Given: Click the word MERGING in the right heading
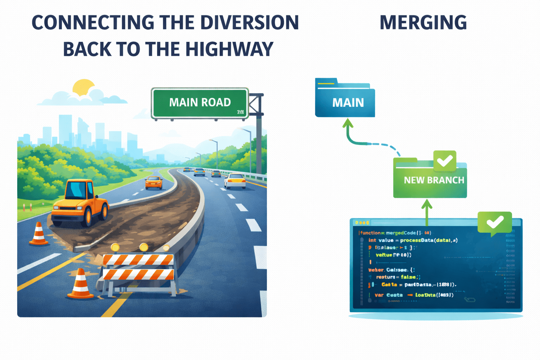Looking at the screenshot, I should coord(423,22).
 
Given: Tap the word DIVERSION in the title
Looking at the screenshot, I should coord(249,22).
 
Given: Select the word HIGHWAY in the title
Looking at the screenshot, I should coord(229,49).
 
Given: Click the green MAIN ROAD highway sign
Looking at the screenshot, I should coord(200,103).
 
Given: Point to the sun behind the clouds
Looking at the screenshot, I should coord(83,87).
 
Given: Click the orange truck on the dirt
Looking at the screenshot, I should coord(80,202).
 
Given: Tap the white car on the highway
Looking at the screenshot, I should coord(235,181).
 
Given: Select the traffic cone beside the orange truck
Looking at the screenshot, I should coord(39,233).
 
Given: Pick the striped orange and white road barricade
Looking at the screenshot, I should coord(139,269).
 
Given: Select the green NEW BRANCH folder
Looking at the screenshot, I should coord(430,179).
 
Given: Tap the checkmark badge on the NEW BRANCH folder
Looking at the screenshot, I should coord(445,160).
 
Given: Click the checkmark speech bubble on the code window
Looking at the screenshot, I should coord(494,222).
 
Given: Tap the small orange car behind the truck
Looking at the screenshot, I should coord(154,182).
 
